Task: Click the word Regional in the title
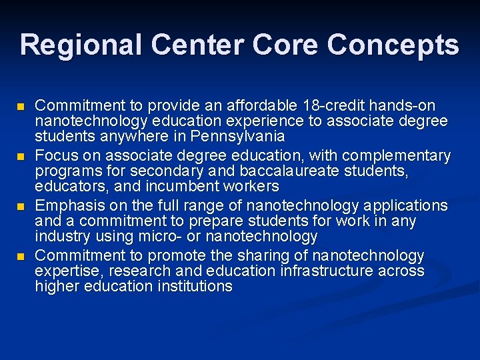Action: tap(81, 45)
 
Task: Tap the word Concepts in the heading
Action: tap(393, 45)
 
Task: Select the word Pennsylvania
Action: tap(237, 137)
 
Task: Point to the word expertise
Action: tap(64, 271)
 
